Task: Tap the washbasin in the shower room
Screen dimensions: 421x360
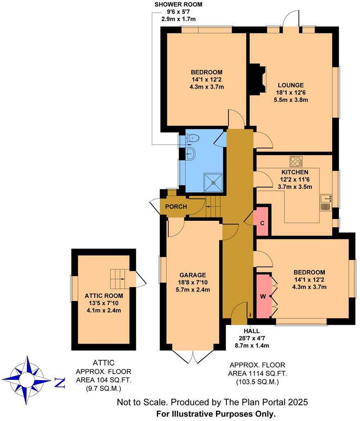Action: point(191,154)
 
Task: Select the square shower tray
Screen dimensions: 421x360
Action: point(214,182)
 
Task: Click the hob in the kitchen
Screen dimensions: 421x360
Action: point(296,162)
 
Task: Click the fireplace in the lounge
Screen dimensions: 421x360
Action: point(258,78)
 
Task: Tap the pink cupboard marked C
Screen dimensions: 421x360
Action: point(262,222)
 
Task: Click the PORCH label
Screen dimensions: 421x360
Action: point(176,206)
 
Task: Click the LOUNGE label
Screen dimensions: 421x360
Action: point(291,85)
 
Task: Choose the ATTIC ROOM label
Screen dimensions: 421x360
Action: point(104,296)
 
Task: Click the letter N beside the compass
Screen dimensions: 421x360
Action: point(60,383)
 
